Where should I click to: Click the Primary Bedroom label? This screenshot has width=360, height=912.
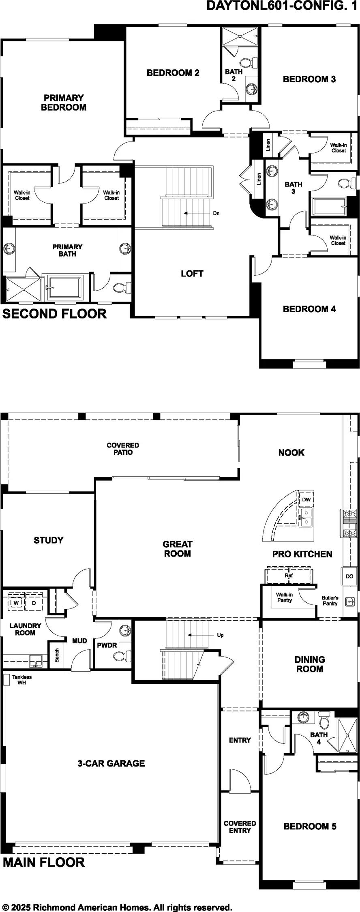(64, 103)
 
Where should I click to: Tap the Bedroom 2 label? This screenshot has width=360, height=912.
(173, 73)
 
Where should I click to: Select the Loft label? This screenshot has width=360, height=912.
(192, 274)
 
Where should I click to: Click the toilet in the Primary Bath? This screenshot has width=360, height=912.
(122, 288)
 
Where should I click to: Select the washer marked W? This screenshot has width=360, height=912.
(16, 603)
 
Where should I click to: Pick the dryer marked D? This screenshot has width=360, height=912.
(34, 603)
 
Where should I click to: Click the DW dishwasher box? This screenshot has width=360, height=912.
(306, 500)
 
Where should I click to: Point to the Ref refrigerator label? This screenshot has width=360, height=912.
(289, 575)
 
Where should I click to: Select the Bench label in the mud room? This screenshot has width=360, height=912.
(57, 655)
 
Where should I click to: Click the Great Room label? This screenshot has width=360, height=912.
(178, 549)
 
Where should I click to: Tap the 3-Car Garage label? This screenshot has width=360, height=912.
(111, 763)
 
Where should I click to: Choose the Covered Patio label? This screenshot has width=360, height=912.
(123, 449)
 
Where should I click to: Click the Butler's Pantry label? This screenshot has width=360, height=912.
(330, 601)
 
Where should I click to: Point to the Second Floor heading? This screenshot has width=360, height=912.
(55, 314)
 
